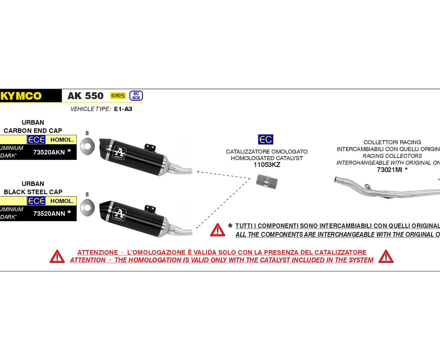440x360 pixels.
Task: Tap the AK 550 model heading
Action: [85, 96]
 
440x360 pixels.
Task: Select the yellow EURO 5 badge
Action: [118, 96]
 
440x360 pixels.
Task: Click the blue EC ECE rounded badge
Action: [136, 96]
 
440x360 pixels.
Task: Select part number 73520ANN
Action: [49, 213]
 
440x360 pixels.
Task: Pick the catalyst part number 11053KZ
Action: [267, 164]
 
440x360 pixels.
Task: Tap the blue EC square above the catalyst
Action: [266, 139]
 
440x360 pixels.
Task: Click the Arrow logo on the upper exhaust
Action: [119, 152]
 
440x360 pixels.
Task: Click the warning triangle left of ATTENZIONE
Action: [57, 256]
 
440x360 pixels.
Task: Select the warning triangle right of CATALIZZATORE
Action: [386, 256]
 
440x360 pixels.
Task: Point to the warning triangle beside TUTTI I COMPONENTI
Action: [218, 230]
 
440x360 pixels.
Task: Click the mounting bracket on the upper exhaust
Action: [150, 146]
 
